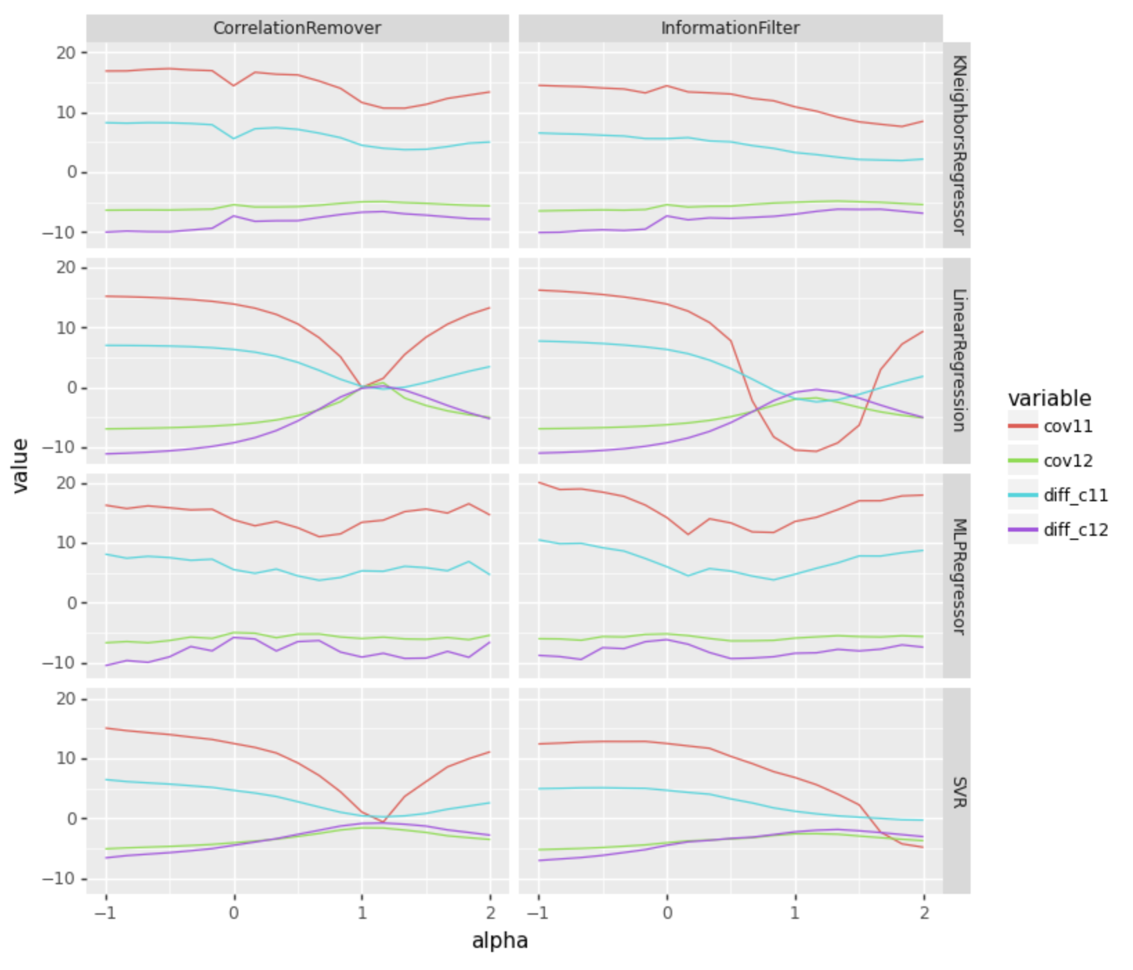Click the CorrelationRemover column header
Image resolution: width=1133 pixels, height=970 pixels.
click(x=297, y=28)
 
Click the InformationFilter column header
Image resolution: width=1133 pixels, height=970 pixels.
click(x=730, y=28)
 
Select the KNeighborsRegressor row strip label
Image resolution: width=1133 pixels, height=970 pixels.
click(x=958, y=145)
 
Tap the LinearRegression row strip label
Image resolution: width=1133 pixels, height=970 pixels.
click(x=958, y=360)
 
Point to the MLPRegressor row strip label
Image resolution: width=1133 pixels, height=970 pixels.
click(x=958, y=576)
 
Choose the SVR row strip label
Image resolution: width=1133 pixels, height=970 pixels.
click(x=958, y=792)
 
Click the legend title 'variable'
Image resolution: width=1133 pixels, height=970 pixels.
click(x=1049, y=398)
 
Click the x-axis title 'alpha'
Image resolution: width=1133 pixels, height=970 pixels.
click(x=499, y=941)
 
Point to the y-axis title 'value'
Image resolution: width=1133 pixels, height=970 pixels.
click(x=21, y=465)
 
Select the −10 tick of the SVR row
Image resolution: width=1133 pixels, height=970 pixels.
click(x=64, y=879)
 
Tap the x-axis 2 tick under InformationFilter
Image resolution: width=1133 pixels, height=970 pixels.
click(x=924, y=913)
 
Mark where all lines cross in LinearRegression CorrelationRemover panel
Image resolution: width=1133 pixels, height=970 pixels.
click(x=362, y=387)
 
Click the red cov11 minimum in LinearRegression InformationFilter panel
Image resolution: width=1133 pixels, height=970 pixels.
click(x=816, y=451)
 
